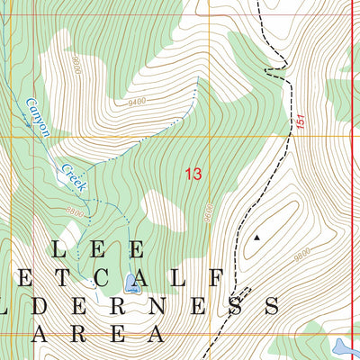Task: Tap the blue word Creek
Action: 72,175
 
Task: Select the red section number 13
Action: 193,174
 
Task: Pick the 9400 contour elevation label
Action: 137,102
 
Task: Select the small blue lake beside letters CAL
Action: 133,284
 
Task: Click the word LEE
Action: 98,248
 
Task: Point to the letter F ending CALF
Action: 216,276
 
